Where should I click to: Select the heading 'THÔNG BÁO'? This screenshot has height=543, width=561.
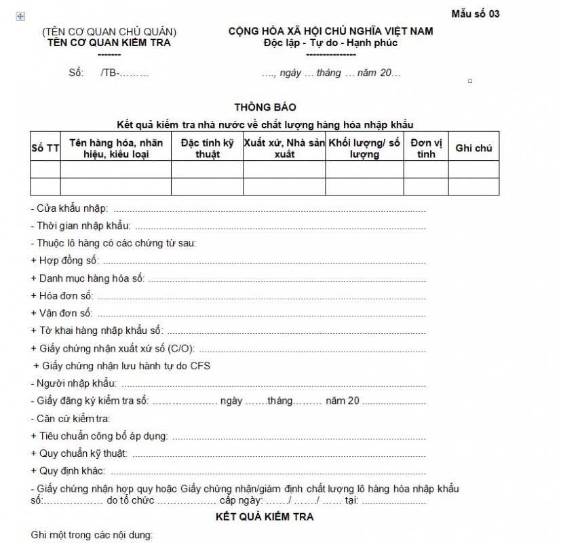[x=265, y=107]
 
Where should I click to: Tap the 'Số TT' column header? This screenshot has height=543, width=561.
[x=45, y=148]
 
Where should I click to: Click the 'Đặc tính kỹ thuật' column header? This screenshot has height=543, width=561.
[x=207, y=148]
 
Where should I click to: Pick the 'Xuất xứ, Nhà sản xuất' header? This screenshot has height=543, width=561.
[x=284, y=148]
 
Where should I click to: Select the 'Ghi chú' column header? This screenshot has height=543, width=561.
[x=473, y=148]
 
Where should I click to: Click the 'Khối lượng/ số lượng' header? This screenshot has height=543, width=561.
[x=364, y=148]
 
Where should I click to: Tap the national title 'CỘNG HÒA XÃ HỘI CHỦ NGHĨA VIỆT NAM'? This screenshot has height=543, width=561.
[x=330, y=31]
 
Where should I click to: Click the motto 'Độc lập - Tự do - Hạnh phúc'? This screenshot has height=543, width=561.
[x=330, y=43]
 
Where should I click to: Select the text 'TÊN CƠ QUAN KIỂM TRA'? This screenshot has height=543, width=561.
[x=109, y=43]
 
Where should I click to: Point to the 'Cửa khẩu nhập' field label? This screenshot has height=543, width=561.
[x=69, y=208]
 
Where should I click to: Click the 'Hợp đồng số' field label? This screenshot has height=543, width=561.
[x=65, y=261]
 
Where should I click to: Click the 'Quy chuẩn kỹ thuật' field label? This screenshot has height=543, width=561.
[x=79, y=453]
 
